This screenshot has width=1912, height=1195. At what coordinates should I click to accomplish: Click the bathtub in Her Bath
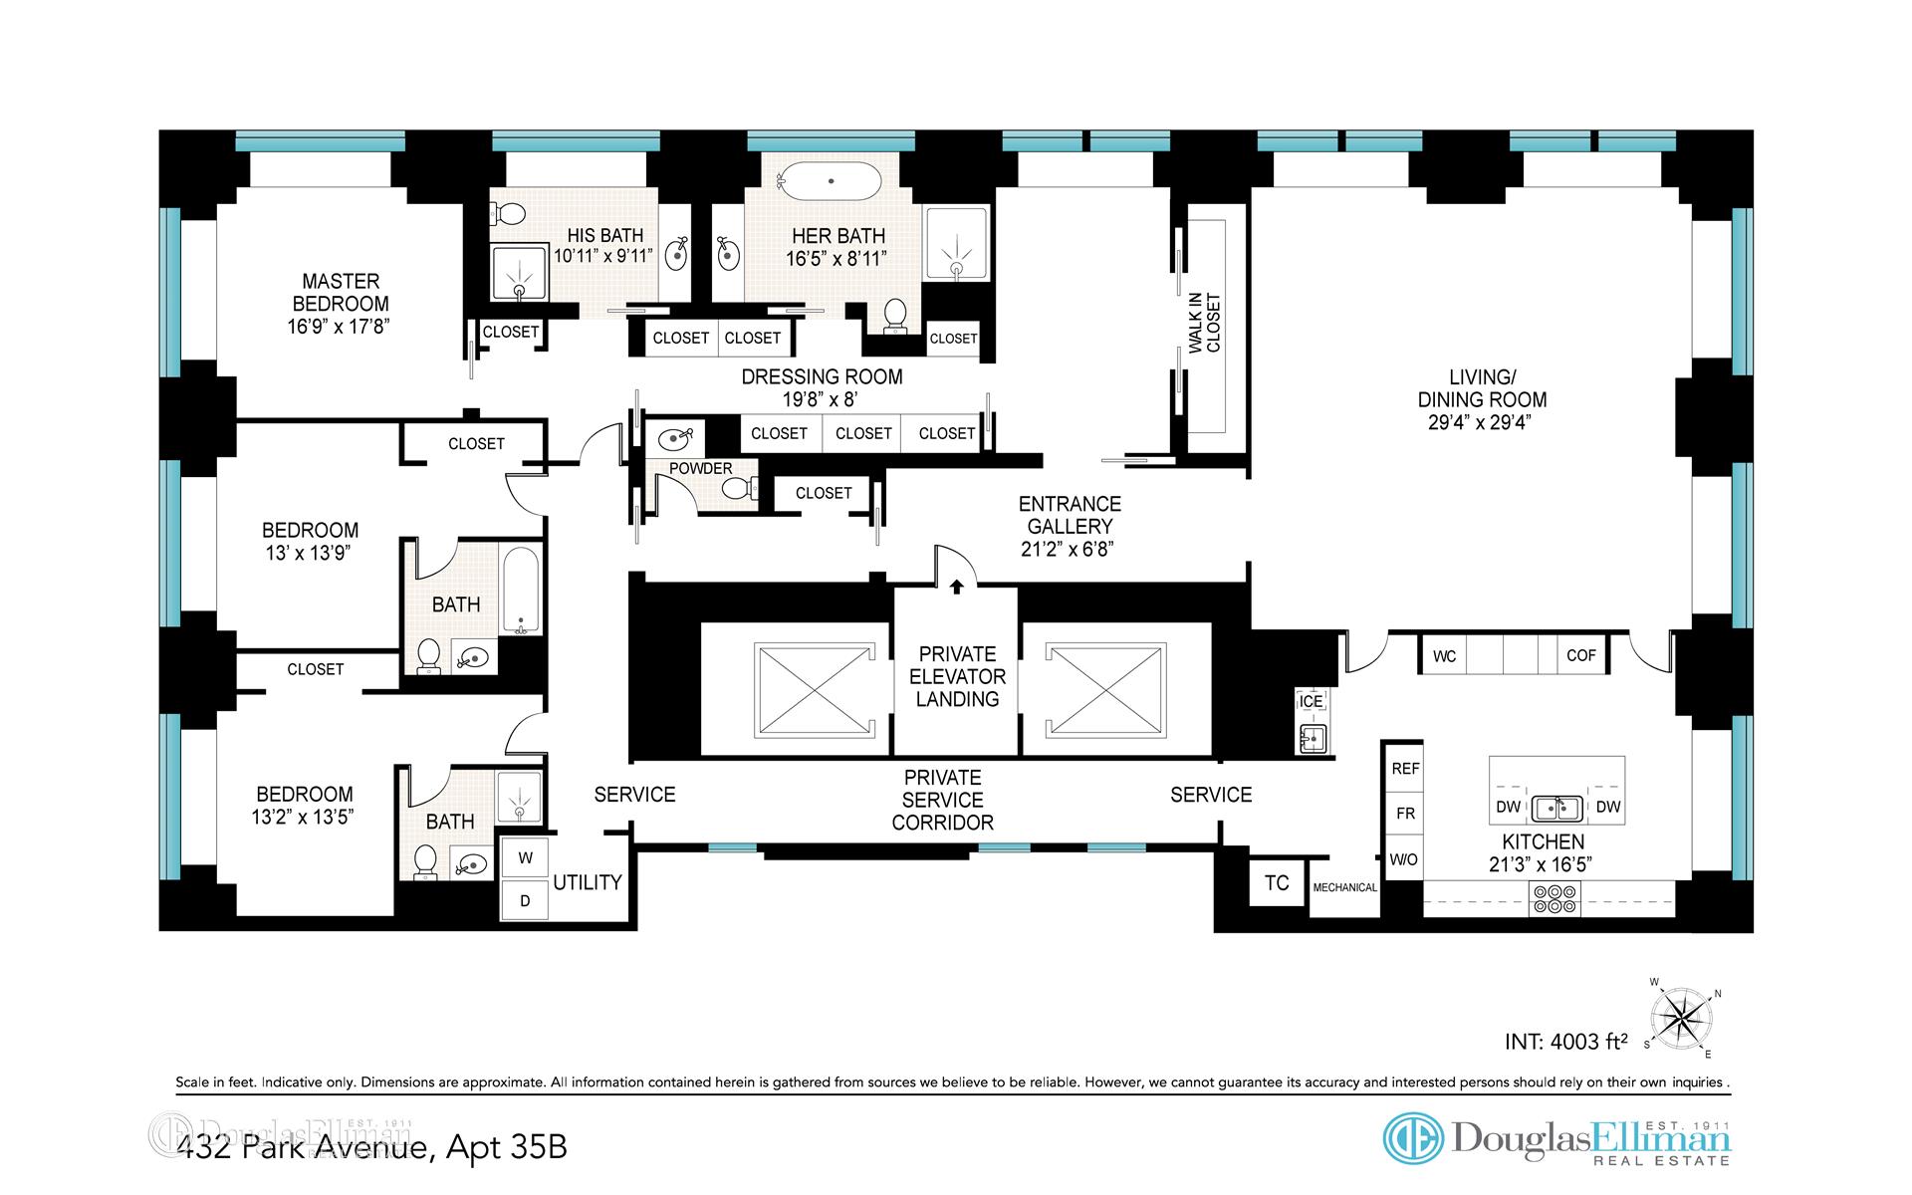[x=829, y=182]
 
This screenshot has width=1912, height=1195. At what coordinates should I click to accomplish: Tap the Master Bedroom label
[x=341, y=293]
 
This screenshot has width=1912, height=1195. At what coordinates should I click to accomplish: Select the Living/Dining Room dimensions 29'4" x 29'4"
[x=1482, y=422]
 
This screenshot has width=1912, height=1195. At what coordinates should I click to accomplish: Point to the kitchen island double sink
[x=1557, y=808]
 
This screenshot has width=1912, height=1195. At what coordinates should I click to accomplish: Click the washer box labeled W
[x=525, y=857]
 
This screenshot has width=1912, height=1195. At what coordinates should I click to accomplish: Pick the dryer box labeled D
[x=525, y=900]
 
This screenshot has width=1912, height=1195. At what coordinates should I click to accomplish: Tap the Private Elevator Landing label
[x=957, y=676]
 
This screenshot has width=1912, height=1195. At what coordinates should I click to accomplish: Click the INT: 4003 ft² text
[x=1565, y=1042]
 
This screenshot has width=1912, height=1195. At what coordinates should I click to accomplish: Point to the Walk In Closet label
[x=1204, y=323]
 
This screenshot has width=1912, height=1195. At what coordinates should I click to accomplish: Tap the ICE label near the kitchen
[x=1311, y=701]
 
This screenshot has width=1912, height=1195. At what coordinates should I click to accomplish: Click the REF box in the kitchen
[x=1405, y=768]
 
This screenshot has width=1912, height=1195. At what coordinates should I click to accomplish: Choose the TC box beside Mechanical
[x=1277, y=882]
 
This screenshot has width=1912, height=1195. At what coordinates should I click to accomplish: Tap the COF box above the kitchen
[x=1581, y=655]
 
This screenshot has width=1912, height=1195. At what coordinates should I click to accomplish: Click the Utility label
[x=588, y=882]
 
